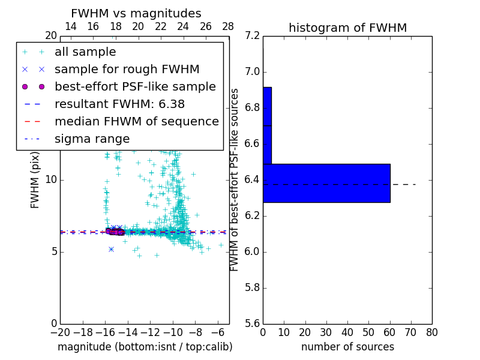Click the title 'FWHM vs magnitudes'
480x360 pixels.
[x=136, y=14]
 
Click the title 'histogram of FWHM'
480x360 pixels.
[x=347, y=28]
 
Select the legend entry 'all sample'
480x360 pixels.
[x=85, y=52]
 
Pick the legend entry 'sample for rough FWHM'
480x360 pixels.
[x=127, y=69]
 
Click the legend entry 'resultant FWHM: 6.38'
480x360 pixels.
[x=119, y=104]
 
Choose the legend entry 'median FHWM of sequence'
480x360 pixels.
[x=137, y=121]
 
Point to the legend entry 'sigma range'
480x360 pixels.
[x=92, y=139]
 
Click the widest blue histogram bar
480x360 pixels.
[x=326, y=183]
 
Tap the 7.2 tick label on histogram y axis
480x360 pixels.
[x=253, y=36]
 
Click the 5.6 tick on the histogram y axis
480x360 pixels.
[x=253, y=323]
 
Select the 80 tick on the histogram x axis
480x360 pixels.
[x=431, y=332]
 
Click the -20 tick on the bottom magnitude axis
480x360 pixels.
[x=60, y=332]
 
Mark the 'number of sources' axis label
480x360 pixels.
[x=347, y=347]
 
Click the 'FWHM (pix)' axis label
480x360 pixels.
[x=35, y=179]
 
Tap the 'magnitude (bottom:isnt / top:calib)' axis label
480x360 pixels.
[x=145, y=347]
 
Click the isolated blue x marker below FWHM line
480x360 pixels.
[x=111, y=249]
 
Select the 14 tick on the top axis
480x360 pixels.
[x=70, y=26]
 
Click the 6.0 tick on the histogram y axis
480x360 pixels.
[x=253, y=251]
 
